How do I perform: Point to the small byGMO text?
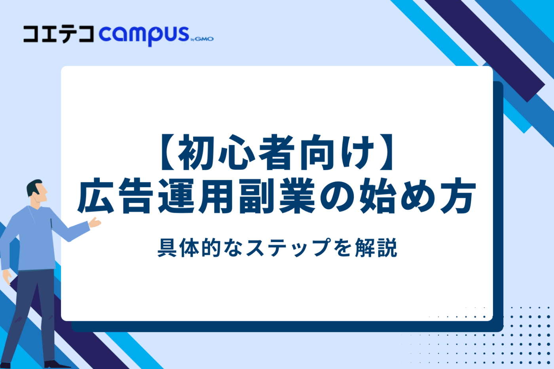coord(202,39)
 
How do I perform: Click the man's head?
coord(37,192)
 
